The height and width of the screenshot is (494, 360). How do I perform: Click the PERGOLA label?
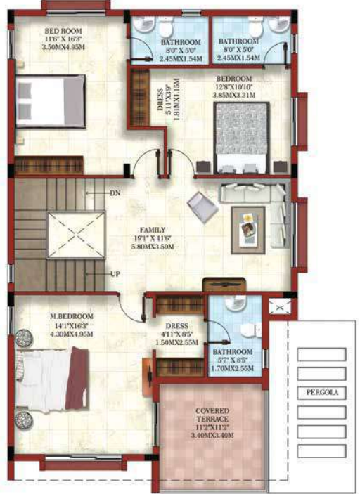click(321, 393)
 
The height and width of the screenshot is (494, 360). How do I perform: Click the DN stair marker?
click(116, 192)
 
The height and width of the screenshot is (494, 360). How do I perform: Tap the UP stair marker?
click(115, 274)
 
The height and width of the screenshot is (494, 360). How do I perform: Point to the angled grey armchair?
click(202, 206)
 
